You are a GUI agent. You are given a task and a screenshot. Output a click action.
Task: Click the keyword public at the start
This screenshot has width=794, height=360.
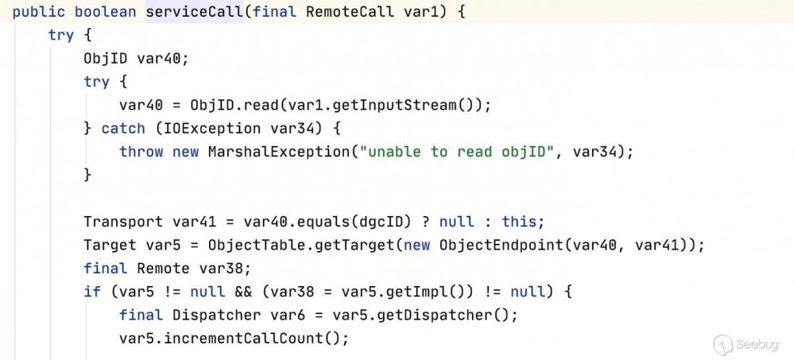(x=37, y=13)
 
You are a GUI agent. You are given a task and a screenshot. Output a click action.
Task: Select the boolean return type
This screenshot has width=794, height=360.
(x=107, y=13)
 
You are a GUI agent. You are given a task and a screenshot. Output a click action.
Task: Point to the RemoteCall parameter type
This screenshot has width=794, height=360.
(x=333, y=13)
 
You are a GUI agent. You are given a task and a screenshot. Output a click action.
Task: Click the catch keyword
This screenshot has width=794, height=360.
(x=123, y=128)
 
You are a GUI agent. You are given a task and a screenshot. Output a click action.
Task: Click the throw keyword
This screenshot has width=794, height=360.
(x=141, y=151)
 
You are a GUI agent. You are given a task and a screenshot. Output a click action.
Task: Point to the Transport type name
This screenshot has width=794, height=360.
(x=123, y=222)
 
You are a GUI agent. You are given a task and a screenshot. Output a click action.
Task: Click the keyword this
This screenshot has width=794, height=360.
(x=525, y=222)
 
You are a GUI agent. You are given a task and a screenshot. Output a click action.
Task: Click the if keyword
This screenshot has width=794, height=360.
(x=92, y=291)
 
